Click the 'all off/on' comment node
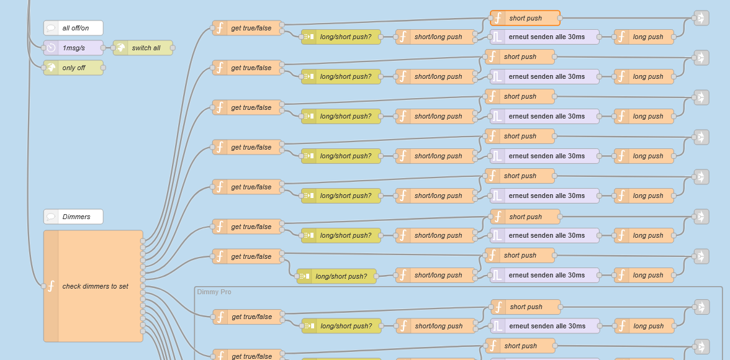(73, 28)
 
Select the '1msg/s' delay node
(73, 48)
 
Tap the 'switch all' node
(143, 48)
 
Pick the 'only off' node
(73, 68)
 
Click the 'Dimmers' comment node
(73, 217)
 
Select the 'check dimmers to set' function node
(93, 286)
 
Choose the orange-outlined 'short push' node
(525, 18)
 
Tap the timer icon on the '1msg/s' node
(52, 48)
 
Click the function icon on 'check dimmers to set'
(51, 286)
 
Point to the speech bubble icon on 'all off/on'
(52, 28)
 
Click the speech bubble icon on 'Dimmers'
(52, 217)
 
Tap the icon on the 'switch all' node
(121, 48)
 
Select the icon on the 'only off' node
(52, 68)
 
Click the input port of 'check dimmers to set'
(43, 286)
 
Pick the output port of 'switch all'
(173, 48)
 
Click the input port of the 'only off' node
(43, 68)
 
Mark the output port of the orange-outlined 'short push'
(560, 18)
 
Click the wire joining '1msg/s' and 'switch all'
(108, 48)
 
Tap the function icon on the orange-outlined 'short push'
(498, 18)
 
